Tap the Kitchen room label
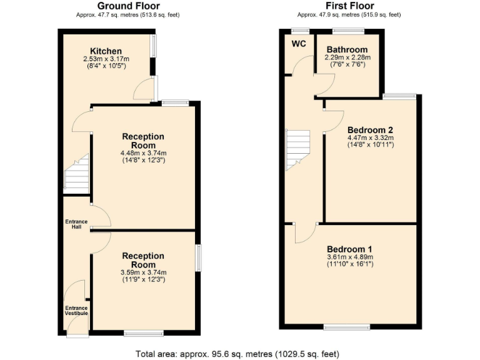point(106,51)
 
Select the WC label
point(299,44)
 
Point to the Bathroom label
point(347,50)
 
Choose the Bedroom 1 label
point(349,247)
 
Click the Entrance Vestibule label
point(76,309)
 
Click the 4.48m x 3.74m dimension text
point(143,153)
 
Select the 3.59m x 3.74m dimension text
point(143,272)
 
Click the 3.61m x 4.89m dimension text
point(349,256)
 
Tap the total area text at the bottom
point(237,354)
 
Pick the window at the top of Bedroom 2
point(399,96)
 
